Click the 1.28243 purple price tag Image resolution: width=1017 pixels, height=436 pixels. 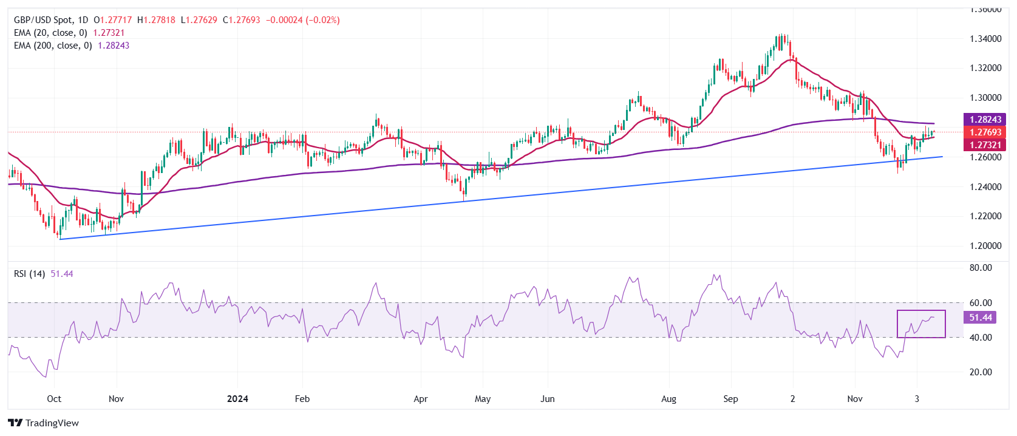click(985, 120)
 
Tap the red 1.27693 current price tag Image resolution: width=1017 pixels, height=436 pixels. click(985, 132)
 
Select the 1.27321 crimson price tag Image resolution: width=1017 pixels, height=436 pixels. click(985, 145)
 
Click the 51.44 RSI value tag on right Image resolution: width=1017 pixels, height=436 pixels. click(980, 318)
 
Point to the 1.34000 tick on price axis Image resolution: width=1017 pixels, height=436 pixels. click(985, 39)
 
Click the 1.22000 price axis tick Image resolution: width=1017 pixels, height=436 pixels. click(985, 216)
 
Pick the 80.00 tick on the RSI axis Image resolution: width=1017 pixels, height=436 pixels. click(980, 268)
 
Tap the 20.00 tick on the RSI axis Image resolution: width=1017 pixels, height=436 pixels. click(980, 372)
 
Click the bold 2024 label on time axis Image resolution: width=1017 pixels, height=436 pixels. click(237, 399)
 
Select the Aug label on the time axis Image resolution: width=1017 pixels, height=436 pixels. click(668, 399)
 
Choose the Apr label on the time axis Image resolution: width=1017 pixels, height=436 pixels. click(420, 399)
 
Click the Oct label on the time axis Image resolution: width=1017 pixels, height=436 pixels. click(54, 399)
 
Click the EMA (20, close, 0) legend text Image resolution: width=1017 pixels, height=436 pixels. click(50, 33)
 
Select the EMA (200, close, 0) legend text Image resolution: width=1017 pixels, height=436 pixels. click(53, 46)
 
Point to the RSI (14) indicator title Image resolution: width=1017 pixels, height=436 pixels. click(29, 274)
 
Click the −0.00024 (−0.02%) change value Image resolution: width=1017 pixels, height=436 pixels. click(302, 20)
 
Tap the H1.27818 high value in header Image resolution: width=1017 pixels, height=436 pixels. click(156, 20)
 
